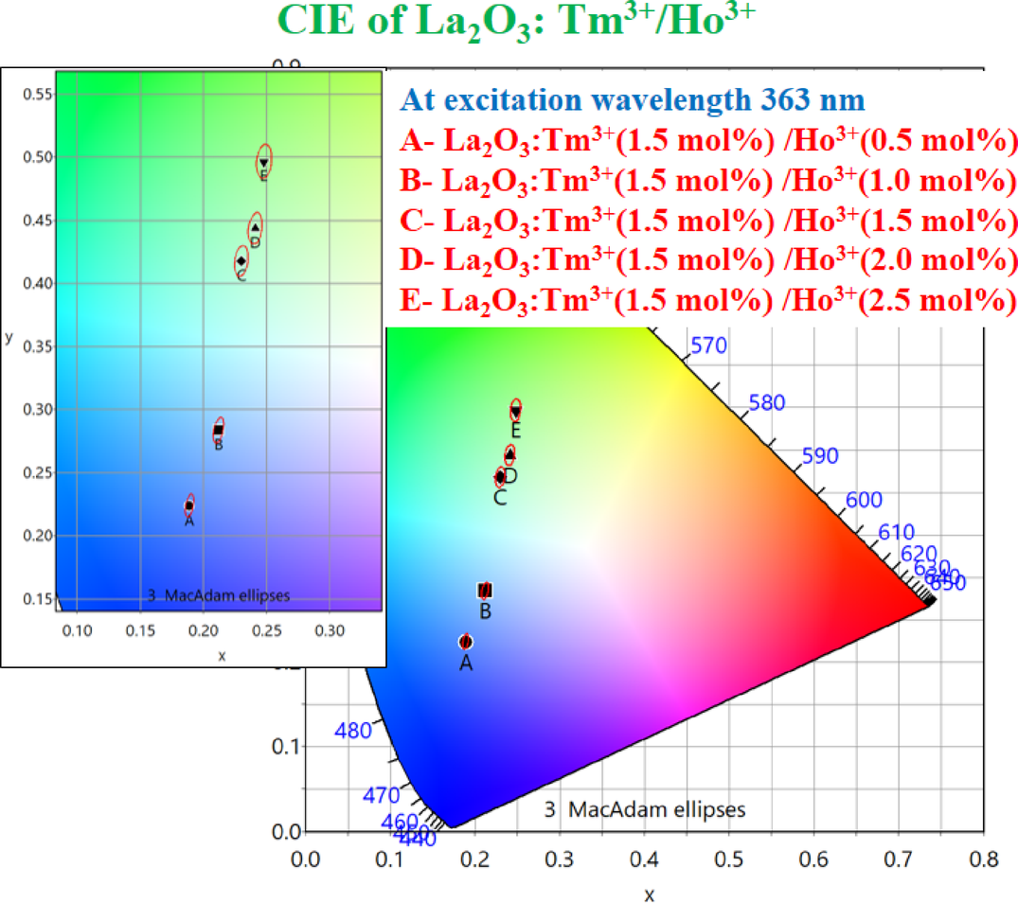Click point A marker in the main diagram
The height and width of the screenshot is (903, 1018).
pos(465,642)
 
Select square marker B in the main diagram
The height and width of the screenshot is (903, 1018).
pos(485,591)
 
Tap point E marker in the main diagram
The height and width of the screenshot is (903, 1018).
pos(516,412)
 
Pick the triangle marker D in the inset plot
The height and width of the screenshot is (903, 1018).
pos(255,227)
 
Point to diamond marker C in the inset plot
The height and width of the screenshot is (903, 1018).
pos(241,260)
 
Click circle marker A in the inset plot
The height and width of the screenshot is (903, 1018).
pos(189,505)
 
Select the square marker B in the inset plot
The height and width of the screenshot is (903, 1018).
pos(219,431)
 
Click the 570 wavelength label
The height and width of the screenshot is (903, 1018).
pos(708,345)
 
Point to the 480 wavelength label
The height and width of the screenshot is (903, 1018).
pos(354,731)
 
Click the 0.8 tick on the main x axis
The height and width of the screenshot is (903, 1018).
pos(984,859)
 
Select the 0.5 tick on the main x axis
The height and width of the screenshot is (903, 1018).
pos(729,859)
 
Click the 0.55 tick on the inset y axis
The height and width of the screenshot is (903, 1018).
pos(39,94)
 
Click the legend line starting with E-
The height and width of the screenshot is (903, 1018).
pos(707,300)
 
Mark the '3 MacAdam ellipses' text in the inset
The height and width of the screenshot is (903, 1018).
pos(219,595)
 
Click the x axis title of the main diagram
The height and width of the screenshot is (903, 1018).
pos(649,893)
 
